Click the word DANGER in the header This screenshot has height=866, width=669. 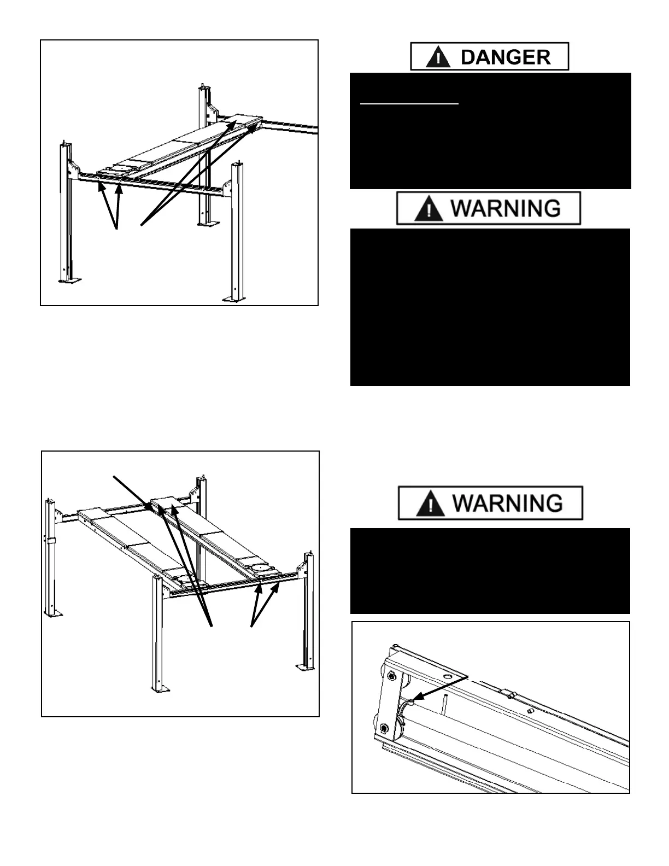point(506,57)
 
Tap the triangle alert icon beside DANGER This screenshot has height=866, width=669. point(438,57)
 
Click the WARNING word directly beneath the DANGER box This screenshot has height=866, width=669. point(506,208)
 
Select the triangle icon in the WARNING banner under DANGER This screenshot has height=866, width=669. point(429,209)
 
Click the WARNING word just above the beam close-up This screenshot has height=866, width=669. point(508,503)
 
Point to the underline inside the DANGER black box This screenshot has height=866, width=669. point(409,102)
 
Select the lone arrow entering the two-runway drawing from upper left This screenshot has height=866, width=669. point(132,493)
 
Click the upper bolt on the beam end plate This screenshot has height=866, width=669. point(392,676)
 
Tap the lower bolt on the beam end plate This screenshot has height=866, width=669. point(384,729)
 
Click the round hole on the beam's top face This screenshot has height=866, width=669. point(448,677)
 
